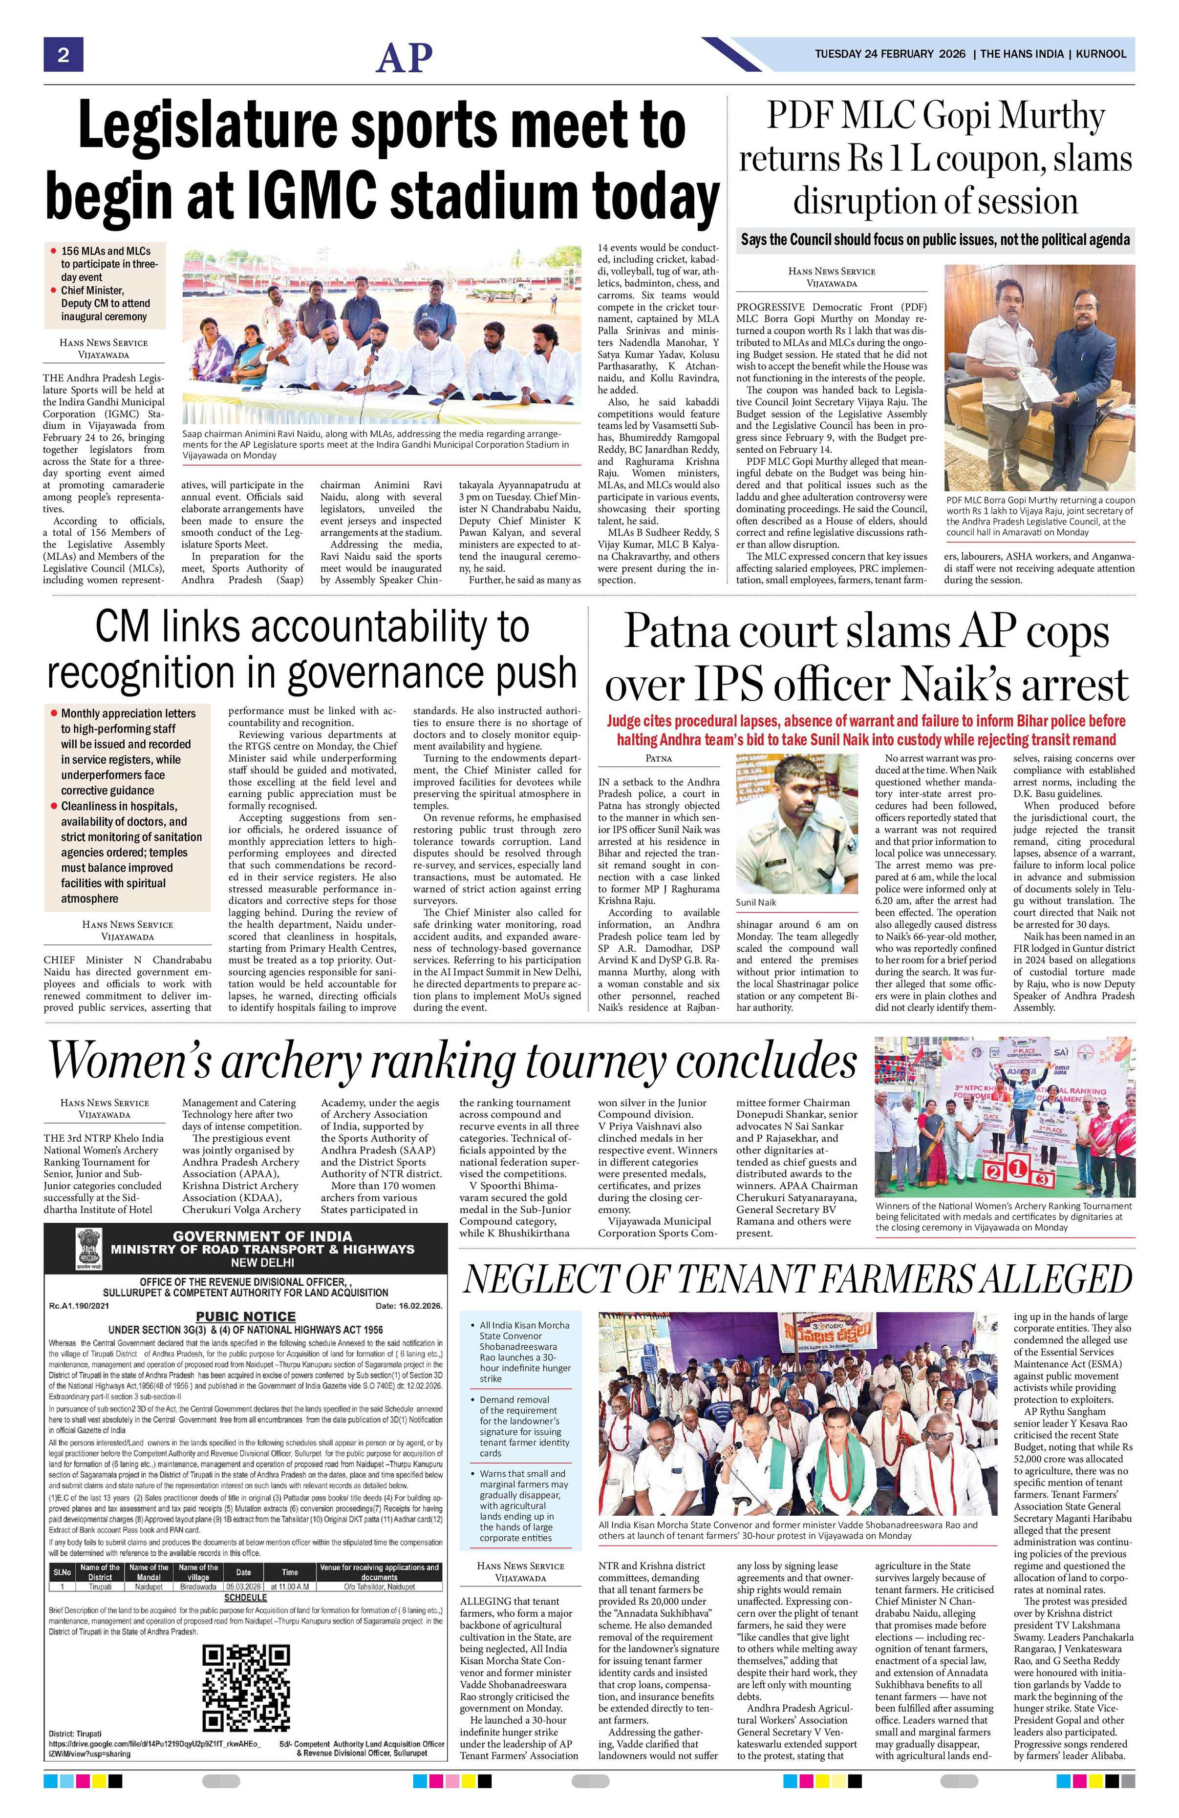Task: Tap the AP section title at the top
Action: (x=404, y=57)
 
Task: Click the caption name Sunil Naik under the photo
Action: (x=756, y=902)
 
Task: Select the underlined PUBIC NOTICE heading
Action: (x=245, y=1316)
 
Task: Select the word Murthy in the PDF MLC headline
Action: (x=1050, y=117)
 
